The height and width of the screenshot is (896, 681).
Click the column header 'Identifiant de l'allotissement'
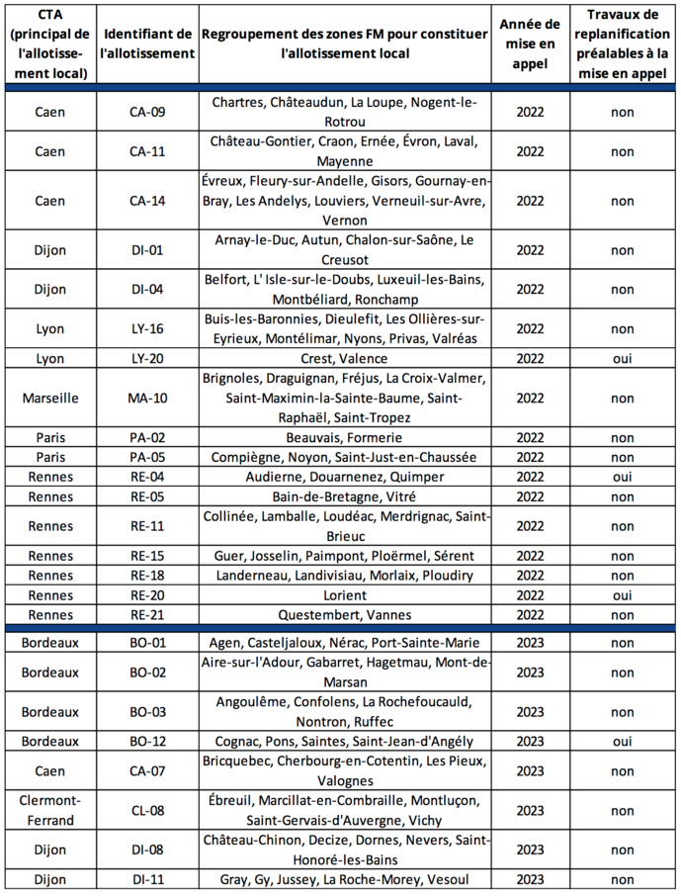pyautogui.click(x=148, y=44)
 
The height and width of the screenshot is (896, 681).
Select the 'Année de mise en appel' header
pyautogui.click(x=530, y=44)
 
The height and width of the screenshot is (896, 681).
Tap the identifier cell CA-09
pyautogui.click(x=148, y=112)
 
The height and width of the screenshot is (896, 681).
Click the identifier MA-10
pyautogui.click(x=148, y=398)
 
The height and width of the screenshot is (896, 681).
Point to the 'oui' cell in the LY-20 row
pyautogui.click(x=622, y=358)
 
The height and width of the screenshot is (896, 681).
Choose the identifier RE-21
pyautogui.click(x=148, y=615)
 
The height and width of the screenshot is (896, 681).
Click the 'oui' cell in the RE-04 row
pyautogui.click(x=622, y=477)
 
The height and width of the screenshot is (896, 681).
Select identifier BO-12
pyautogui.click(x=148, y=741)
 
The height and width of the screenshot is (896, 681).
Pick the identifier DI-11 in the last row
pyautogui.click(x=148, y=879)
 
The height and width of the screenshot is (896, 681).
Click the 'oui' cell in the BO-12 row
pyautogui.click(x=622, y=741)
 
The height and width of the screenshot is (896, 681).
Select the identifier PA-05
pyautogui.click(x=148, y=457)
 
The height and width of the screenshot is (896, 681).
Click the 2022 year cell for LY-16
pyautogui.click(x=530, y=328)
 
